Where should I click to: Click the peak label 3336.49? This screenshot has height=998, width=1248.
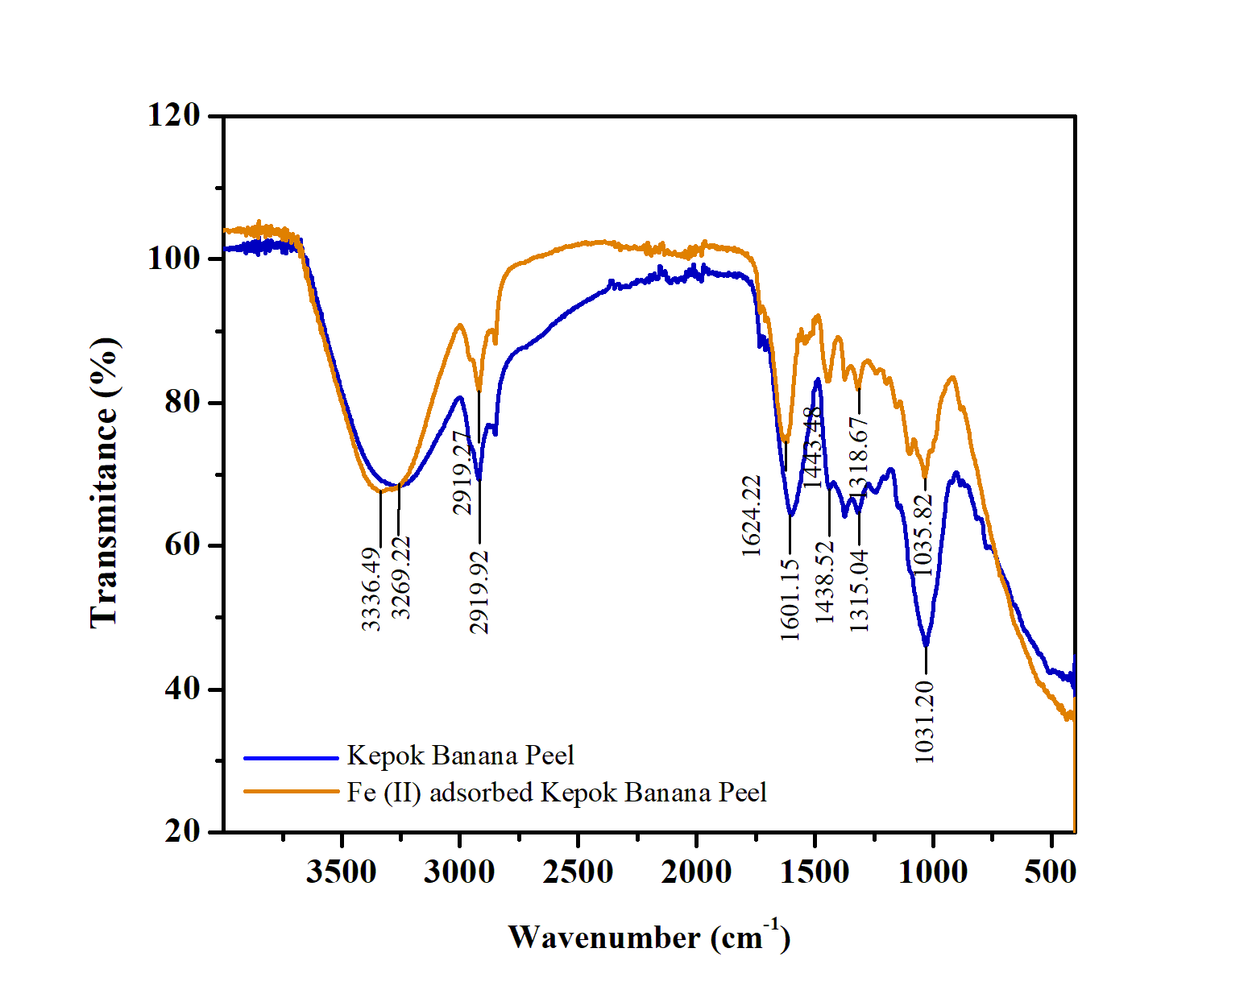click(371, 589)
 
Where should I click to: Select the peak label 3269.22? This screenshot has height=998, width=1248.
click(401, 578)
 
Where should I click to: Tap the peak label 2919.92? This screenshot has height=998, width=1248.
click(479, 593)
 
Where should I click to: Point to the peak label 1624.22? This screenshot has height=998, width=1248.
click(751, 516)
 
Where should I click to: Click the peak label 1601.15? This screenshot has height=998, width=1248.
click(790, 600)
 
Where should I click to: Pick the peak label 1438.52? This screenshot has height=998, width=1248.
click(825, 582)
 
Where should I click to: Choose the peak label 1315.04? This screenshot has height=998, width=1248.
click(859, 590)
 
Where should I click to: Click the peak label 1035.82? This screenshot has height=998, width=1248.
click(923, 535)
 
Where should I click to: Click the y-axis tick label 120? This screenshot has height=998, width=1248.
click(173, 115)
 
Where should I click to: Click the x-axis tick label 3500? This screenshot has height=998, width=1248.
click(341, 872)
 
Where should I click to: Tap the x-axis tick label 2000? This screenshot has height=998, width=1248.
click(696, 872)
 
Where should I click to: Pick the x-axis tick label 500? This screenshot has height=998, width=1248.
click(1051, 872)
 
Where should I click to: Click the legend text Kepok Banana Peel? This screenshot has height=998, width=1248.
click(460, 756)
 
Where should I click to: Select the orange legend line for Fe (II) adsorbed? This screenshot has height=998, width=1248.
click(291, 792)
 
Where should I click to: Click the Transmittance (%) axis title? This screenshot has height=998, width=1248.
click(104, 482)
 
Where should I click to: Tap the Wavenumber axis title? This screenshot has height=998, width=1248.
click(649, 937)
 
